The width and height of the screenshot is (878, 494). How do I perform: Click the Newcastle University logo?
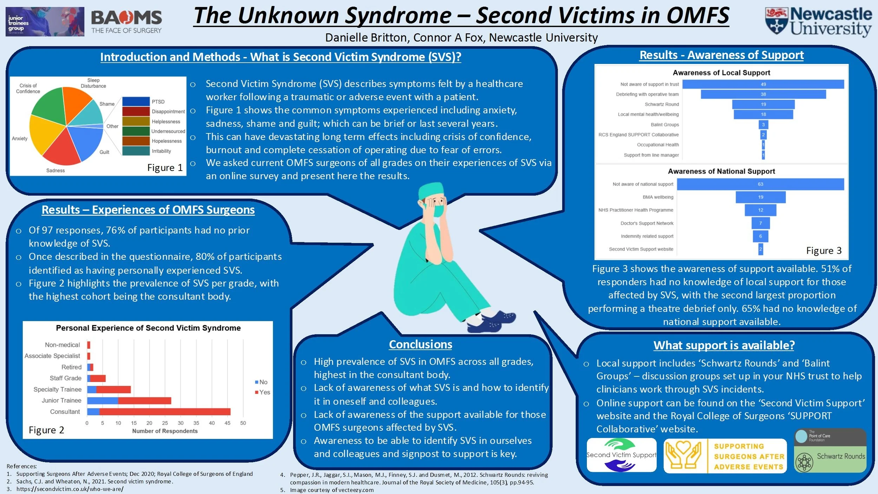(818, 22)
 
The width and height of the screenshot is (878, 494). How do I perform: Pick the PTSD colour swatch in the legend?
(136, 101)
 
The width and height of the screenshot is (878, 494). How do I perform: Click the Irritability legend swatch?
(136, 151)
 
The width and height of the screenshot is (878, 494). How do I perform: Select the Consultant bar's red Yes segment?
(165, 411)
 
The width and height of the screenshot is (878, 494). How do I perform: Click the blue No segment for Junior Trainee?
(102, 401)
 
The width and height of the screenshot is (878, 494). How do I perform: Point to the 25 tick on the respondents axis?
(165, 423)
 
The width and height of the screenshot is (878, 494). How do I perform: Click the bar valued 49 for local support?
(763, 84)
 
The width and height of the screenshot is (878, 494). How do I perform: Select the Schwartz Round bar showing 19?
(763, 104)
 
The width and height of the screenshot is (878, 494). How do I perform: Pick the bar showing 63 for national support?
(760, 184)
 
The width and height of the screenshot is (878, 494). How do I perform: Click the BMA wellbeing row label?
(657, 197)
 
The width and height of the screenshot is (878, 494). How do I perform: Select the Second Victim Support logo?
(621, 455)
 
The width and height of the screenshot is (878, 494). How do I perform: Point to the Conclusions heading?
(420, 344)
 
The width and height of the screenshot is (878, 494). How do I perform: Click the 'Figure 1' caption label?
(165, 168)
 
